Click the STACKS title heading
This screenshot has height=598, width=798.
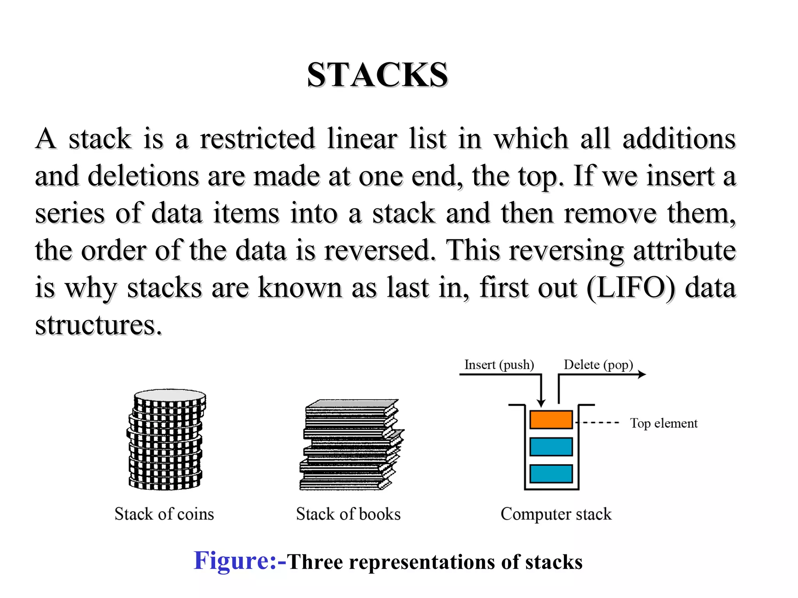coord(377,75)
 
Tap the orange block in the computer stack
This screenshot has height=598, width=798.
coord(551,420)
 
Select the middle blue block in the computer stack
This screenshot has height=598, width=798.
coord(551,447)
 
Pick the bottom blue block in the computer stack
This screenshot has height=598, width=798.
coord(551,473)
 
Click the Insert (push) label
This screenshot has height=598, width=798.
coord(499,365)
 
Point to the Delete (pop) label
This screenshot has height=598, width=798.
coord(598,365)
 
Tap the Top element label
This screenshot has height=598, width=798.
coord(664,423)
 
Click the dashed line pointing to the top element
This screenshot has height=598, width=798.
coord(597,422)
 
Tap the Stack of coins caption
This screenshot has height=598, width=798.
coord(164,514)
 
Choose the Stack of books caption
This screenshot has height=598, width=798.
coord(348,514)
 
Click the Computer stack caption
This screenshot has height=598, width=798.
coord(556,514)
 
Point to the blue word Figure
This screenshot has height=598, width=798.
coord(235,561)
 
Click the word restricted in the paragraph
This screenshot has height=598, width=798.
coord(257,139)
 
